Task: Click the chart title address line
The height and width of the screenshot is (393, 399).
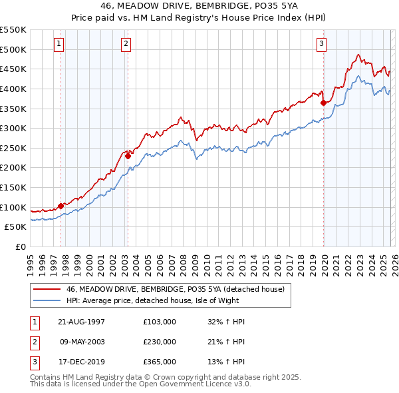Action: pos(199,5)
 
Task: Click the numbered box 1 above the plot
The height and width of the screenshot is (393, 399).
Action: pos(59,45)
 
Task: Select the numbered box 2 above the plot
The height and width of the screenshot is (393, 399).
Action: pos(126,45)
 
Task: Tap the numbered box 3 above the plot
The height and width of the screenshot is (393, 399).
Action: pos(321,45)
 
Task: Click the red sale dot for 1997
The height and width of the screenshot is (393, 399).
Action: pos(61,206)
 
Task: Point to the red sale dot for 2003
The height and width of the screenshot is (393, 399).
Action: pos(128,156)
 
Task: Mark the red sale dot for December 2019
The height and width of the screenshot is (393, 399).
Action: pos(323,103)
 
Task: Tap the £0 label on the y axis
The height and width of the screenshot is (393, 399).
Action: pos(20,246)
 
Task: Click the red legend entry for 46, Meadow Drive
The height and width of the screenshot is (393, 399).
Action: pos(176,289)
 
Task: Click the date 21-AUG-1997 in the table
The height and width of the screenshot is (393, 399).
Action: pos(81,322)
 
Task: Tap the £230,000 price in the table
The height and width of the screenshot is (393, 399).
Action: pos(160,342)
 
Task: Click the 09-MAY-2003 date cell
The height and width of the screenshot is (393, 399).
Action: pos(81,342)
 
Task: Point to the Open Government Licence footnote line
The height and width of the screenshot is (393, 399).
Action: pos(141,384)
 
